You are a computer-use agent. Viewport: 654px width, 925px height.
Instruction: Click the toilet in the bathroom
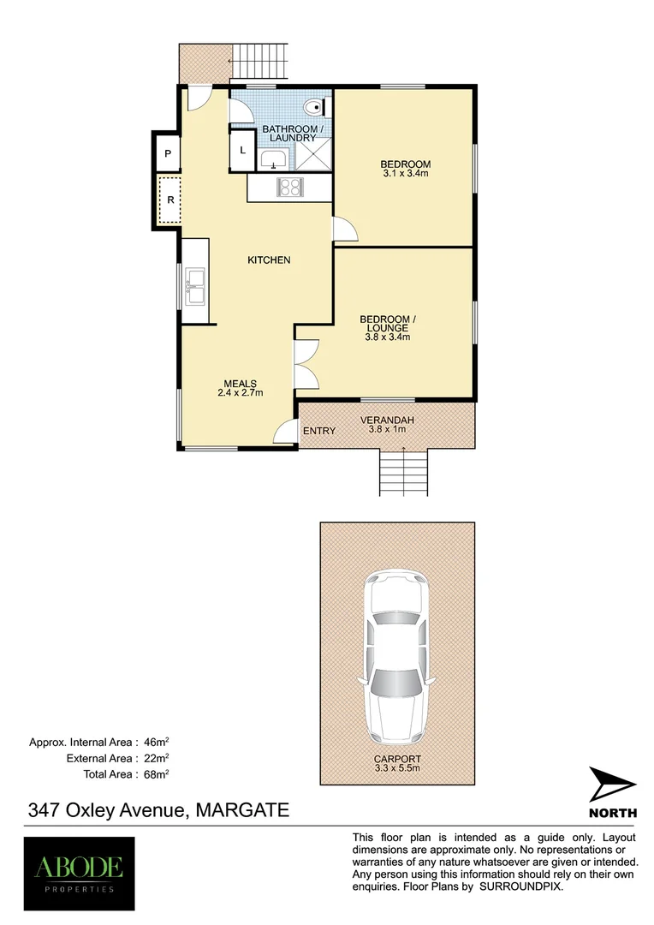click(x=316, y=108)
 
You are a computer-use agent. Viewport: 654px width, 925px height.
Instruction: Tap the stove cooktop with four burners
click(x=289, y=188)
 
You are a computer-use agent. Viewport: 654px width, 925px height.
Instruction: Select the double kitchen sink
click(x=194, y=286)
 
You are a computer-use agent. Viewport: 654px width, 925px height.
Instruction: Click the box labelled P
click(x=169, y=154)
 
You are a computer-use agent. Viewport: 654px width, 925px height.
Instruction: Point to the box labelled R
click(x=169, y=200)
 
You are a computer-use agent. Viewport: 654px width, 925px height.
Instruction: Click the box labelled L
click(x=242, y=150)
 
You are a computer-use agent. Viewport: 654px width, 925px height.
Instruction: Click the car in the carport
click(x=396, y=657)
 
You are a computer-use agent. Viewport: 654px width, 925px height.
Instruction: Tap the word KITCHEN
click(x=269, y=260)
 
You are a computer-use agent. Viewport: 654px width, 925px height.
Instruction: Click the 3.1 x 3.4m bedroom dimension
click(x=406, y=174)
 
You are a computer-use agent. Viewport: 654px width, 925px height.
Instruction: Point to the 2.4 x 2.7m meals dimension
click(x=241, y=393)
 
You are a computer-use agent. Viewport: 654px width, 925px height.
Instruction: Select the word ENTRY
click(x=319, y=431)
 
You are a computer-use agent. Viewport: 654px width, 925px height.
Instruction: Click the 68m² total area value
click(x=156, y=773)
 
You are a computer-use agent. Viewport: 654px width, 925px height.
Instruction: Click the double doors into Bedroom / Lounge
click(x=305, y=363)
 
